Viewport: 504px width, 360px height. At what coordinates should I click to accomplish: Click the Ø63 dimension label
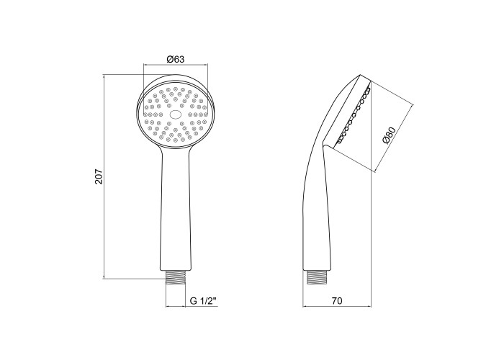[176, 60]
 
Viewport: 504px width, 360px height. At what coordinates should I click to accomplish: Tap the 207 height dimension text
[99, 176]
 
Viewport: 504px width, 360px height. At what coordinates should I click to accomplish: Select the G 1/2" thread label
[203, 301]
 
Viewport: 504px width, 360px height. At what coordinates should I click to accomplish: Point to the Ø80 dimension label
[389, 135]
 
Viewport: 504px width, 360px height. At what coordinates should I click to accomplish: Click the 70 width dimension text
[337, 301]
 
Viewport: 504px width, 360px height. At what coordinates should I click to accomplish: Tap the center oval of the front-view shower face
[176, 114]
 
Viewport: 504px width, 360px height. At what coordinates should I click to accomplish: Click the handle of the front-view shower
[176, 209]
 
